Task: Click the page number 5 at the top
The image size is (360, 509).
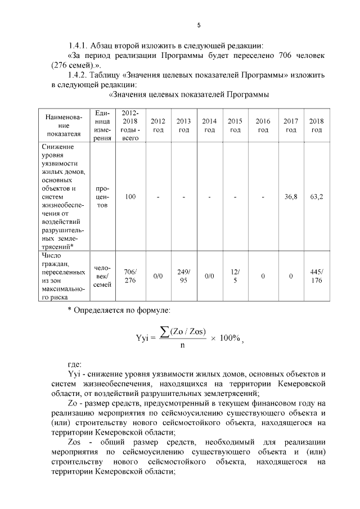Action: (199, 25)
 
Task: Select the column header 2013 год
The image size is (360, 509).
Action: (183, 125)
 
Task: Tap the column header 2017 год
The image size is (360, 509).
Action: (290, 125)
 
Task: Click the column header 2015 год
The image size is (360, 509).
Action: (235, 125)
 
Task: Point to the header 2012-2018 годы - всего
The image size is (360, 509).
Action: (130, 125)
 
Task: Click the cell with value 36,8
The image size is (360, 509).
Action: (290, 197)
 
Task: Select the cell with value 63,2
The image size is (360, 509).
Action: (317, 197)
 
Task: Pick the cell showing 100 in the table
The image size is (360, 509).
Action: (130, 197)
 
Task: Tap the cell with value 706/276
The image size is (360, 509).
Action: (130, 276)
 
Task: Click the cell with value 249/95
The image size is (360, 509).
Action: (183, 276)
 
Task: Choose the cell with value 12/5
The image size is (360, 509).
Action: (235, 276)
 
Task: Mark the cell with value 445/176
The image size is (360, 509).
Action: (317, 276)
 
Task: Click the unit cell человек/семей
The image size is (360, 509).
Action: (102, 276)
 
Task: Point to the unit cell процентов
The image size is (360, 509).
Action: (102, 197)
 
